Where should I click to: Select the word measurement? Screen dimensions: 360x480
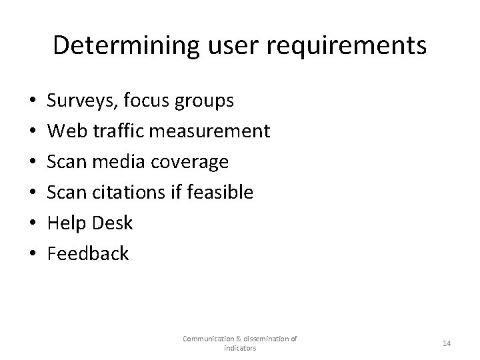pyautogui.click(x=209, y=131)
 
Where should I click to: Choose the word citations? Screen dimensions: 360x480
pyautogui.click(x=123, y=193)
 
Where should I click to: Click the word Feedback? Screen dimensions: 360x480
pyautogui.click(x=88, y=253)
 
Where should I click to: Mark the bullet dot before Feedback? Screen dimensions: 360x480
pyautogui.click(x=25, y=254)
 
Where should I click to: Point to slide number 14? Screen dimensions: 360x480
pyautogui.click(x=447, y=343)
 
